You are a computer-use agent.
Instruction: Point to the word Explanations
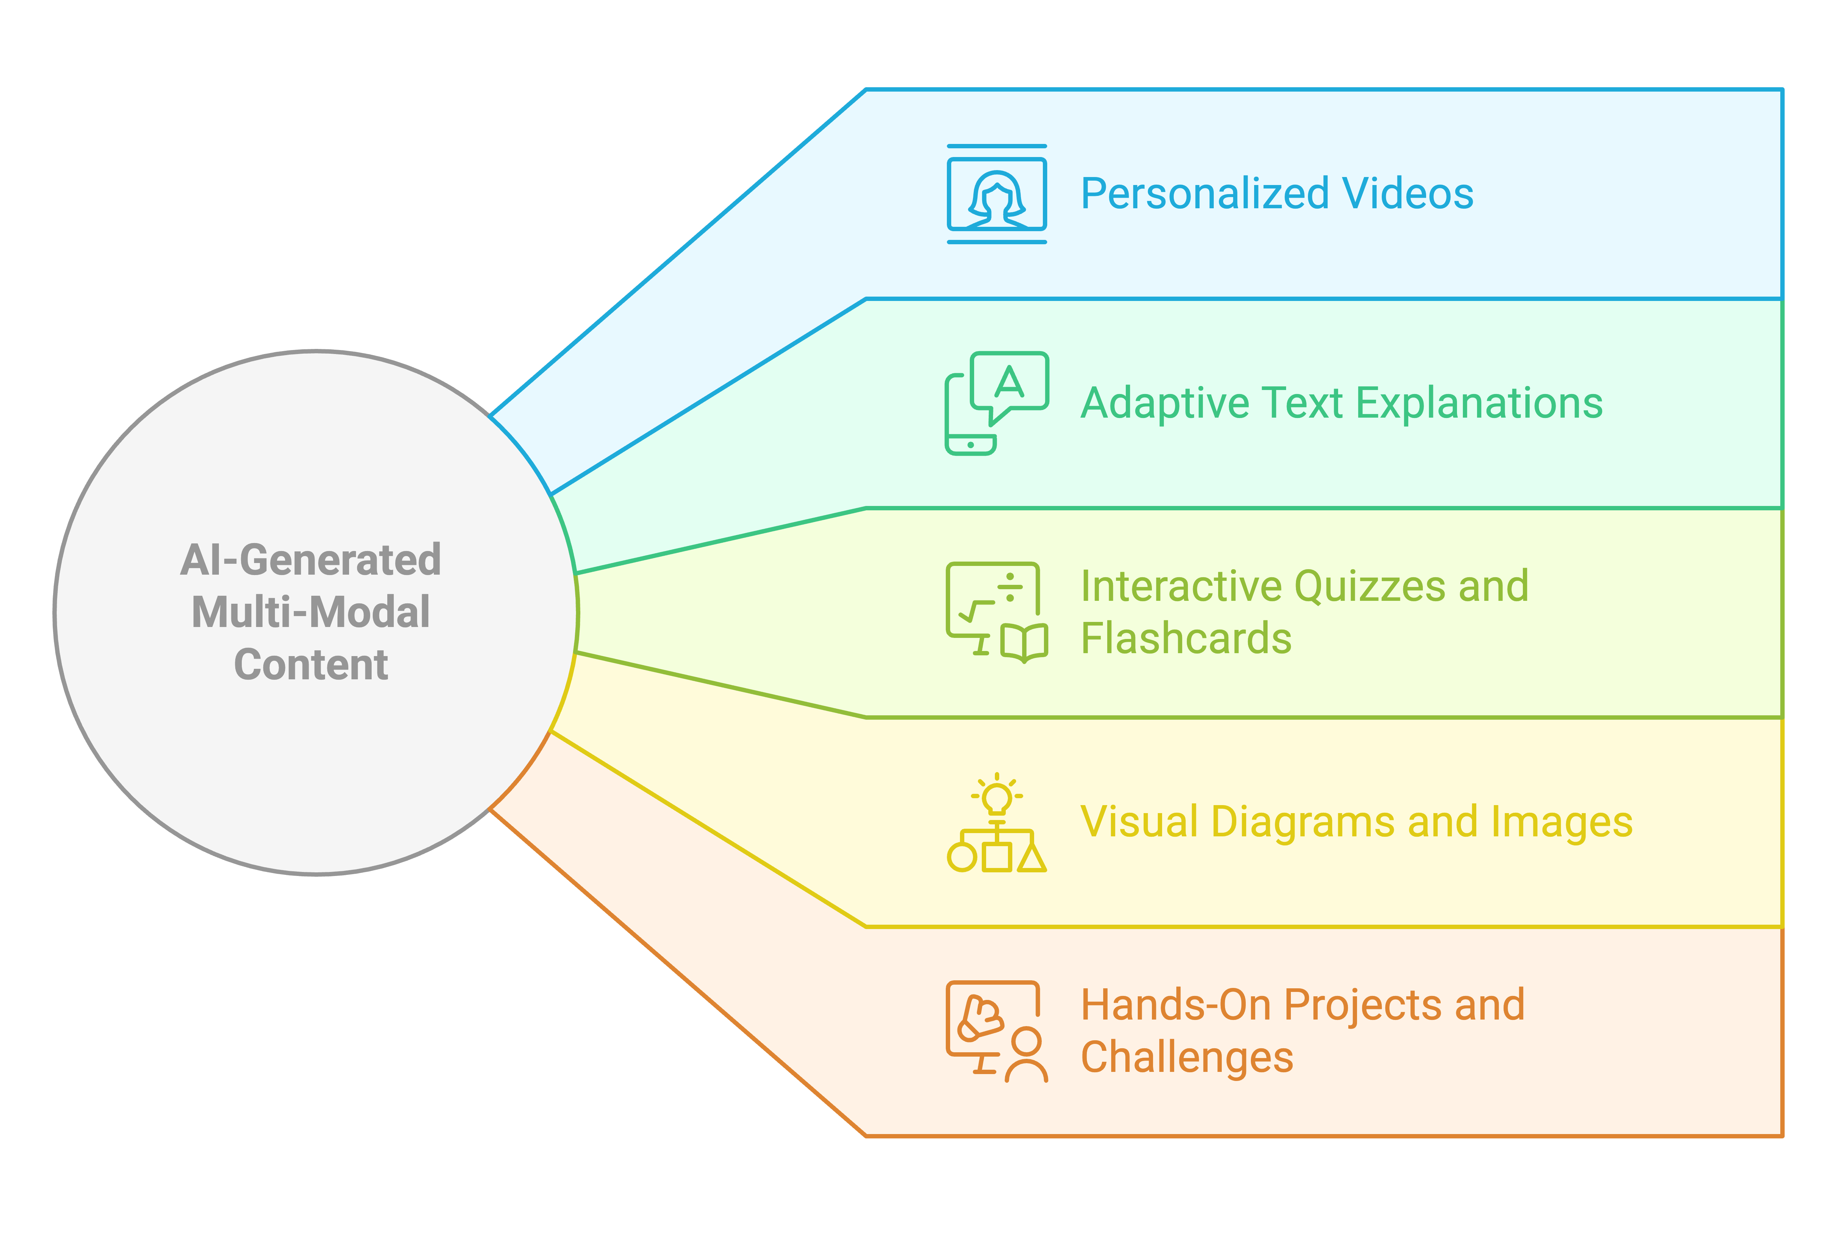(x=1480, y=404)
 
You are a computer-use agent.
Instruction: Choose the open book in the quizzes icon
(x=1024, y=644)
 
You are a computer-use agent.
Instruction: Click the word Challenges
(x=1187, y=1057)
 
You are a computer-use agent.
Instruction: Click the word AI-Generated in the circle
(x=311, y=560)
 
